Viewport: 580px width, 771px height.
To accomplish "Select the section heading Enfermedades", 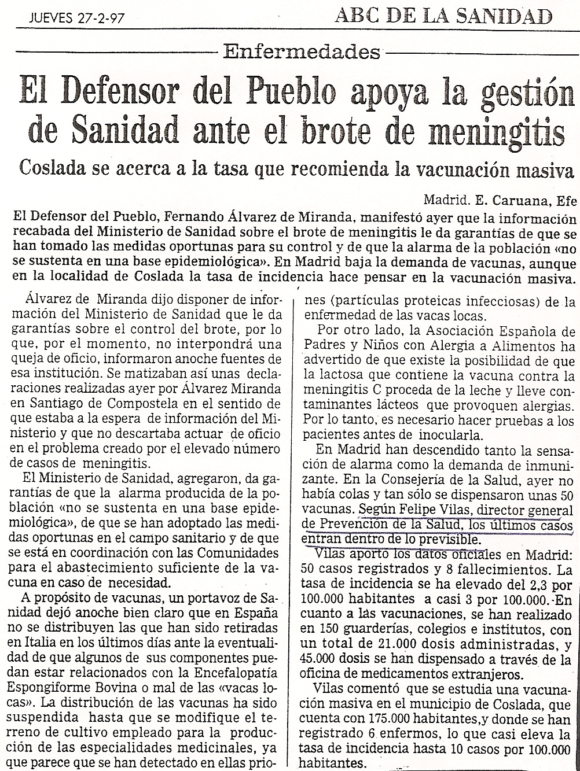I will tap(302, 52).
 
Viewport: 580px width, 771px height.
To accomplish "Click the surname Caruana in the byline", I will tap(520, 202).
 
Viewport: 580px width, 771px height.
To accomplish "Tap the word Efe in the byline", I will tap(566, 202).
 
